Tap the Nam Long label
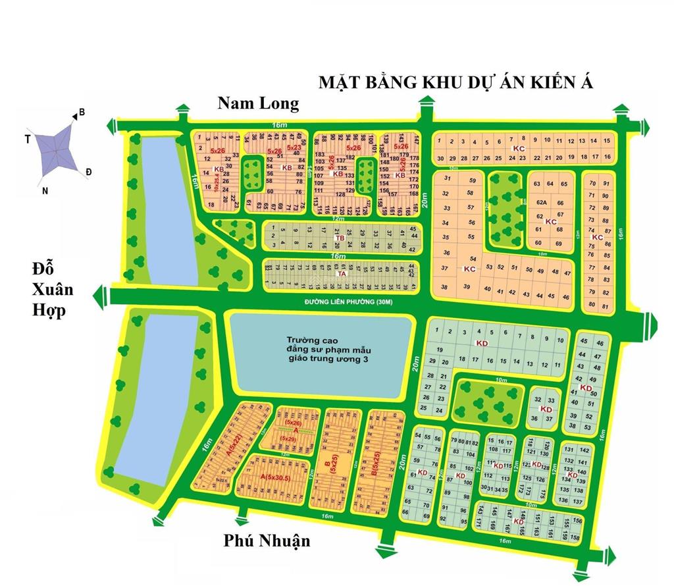coord(258,103)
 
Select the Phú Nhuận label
coord(266,541)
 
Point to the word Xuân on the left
coord(53,290)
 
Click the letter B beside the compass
coord(82,113)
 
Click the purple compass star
coord(56,151)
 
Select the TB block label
coord(340,238)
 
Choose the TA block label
coord(340,273)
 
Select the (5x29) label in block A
coord(288,438)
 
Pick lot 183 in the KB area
coord(321,153)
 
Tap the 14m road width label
coord(307,173)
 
